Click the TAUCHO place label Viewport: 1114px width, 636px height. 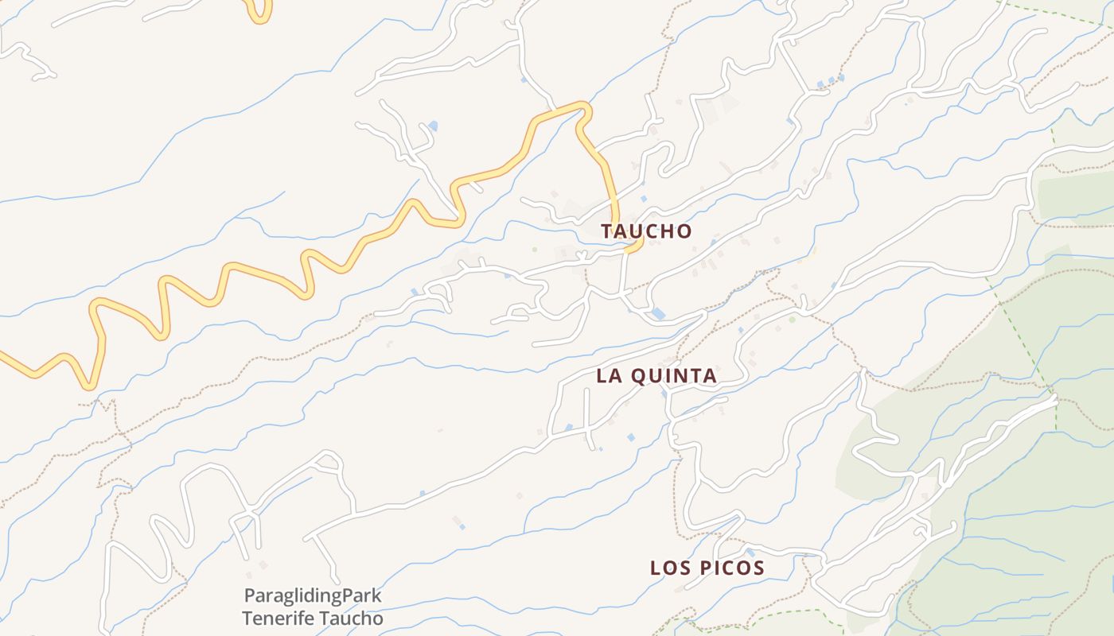pyautogui.click(x=646, y=231)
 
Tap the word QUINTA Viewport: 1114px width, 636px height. pyautogui.click(x=673, y=376)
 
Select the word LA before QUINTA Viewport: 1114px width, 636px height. pyautogui.click(x=609, y=376)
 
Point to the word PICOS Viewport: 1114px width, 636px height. pyautogui.click(x=730, y=568)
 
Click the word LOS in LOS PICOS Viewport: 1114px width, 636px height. pyautogui.click(x=669, y=568)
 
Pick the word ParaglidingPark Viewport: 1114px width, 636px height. pyautogui.click(x=313, y=595)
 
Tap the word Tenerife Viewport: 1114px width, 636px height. pyautogui.click(x=276, y=618)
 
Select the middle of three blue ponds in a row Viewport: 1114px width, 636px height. pyautogui.click(x=831, y=80)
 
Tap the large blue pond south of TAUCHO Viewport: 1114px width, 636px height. pyautogui.click(x=658, y=314)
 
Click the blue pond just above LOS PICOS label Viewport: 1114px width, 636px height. pyautogui.click(x=750, y=552)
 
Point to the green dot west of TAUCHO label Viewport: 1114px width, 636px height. pyautogui.click(x=535, y=250)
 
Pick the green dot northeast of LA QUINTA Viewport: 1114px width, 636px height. pyautogui.click(x=792, y=320)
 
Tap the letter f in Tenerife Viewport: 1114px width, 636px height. pyautogui.click(x=300, y=618)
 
